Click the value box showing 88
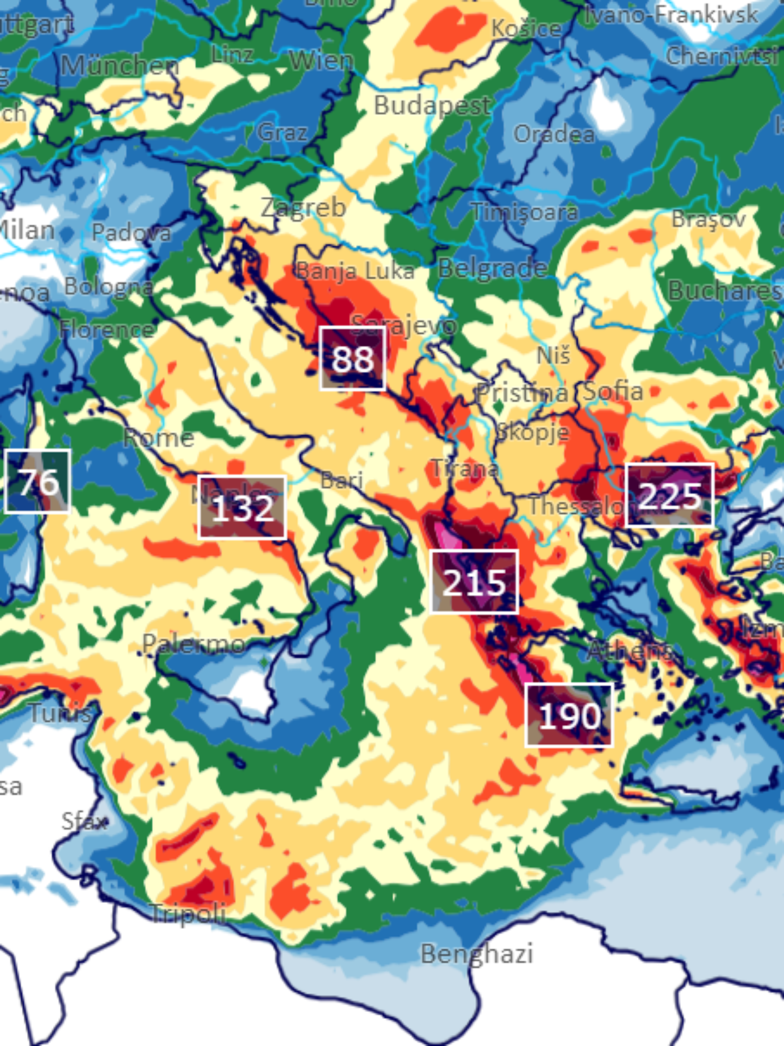coord(352,358)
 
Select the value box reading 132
coord(242,507)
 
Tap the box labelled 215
coord(474,582)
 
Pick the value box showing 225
coord(669,495)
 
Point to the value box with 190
coord(569,716)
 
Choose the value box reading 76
coord(38,482)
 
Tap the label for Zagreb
coord(303,208)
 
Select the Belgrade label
coord(493,268)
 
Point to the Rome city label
coord(159,438)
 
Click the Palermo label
coord(194,644)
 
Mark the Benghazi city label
coord(476,953)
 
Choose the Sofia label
coord(613,391)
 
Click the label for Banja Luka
coord(355,271)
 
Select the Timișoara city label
coord(525,211)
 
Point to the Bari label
coord(342,481)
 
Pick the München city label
coord(120,66)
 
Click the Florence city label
coord(107,329)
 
